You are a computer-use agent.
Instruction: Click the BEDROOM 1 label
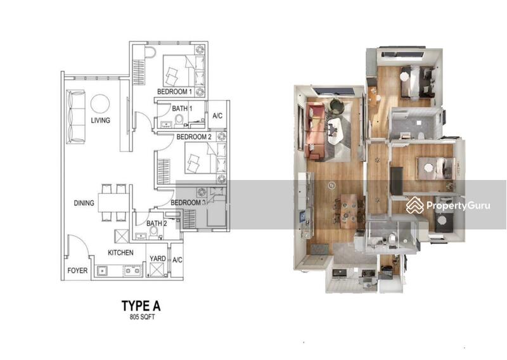pos(175,91)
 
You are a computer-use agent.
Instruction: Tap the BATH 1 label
pos(183,108)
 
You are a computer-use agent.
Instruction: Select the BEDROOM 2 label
pos(194,137)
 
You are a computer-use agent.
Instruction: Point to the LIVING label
pos(100,120)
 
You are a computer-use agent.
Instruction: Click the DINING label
pos(84,203)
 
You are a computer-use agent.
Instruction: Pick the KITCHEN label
pos(120,253)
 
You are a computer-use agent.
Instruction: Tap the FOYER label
pos(77,271)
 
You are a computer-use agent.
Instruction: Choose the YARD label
pos(158,259)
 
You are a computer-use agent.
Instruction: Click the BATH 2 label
pos(157,223)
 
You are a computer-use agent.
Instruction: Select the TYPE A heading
pos(141,305)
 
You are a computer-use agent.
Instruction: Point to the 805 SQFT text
pos(142,317)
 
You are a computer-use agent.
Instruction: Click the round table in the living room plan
pos(100,104)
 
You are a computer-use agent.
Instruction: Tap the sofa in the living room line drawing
pos(75,117)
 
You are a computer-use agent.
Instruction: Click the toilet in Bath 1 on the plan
pos(179,120)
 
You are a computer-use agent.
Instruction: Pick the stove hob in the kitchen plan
pos(132,271)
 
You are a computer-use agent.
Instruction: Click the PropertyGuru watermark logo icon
pos(415,205)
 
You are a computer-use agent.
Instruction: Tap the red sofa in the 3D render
pos(314,131)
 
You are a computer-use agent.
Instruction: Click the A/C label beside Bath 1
pos(217,115)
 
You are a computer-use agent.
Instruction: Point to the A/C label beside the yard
pos(177,260)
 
